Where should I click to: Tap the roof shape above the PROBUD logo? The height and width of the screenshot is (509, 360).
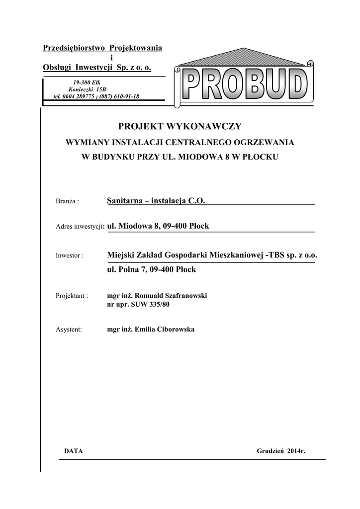(244, 57)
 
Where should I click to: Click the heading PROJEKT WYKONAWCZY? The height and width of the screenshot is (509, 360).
(180, 127)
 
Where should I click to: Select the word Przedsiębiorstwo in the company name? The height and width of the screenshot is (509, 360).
(75, 48)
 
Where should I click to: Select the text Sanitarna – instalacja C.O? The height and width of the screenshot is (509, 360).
(156, 200)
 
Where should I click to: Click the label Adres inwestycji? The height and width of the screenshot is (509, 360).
(79, 227)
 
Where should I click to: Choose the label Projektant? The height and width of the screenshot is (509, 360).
(72, 296)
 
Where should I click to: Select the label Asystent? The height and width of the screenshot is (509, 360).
(69, 330)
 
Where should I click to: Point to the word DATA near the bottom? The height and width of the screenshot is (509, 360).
(74, 451)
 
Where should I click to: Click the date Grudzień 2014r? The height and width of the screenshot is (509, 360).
(281, 451)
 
